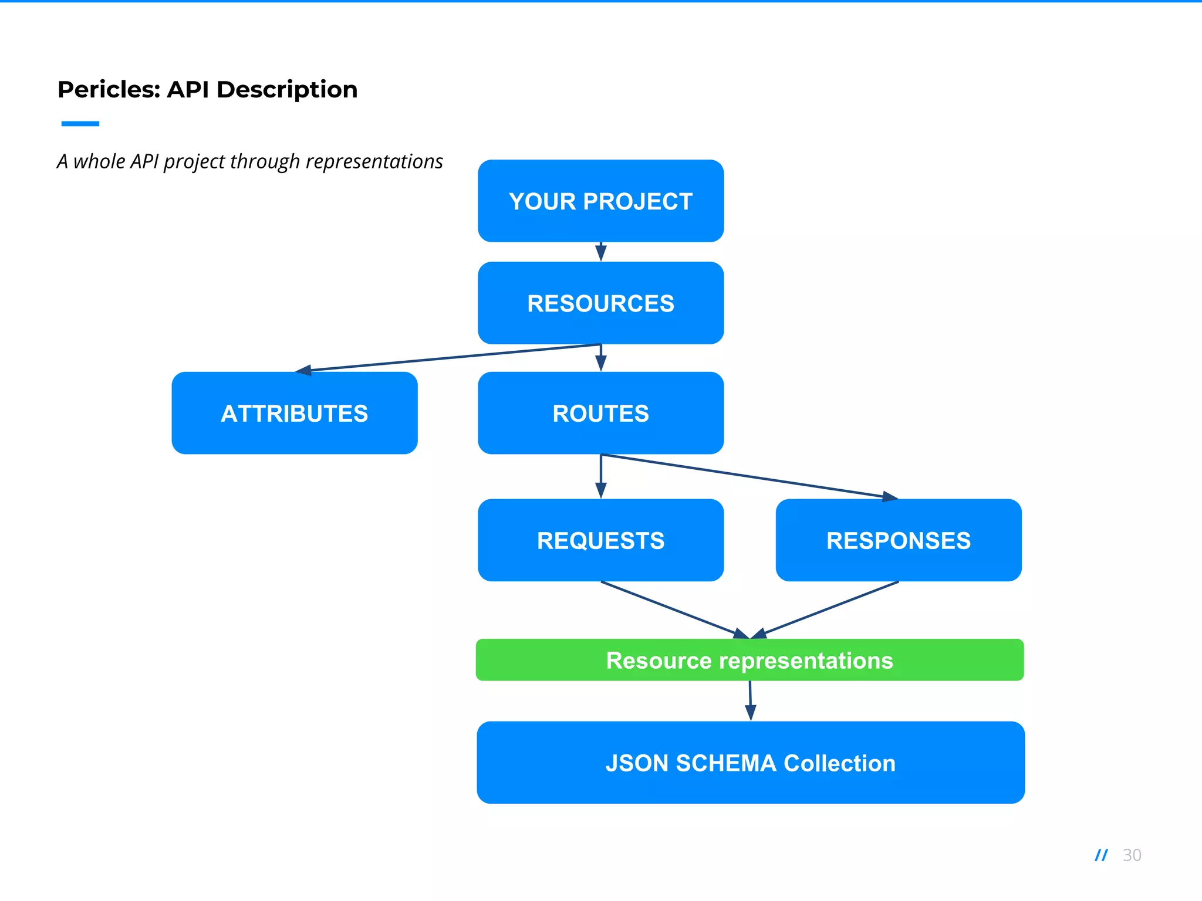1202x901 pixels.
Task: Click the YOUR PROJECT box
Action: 600,201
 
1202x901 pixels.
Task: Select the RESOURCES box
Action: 600,303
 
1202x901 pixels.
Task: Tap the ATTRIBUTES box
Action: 295,413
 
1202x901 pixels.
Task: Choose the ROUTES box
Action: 600,413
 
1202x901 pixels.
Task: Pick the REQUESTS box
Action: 600,540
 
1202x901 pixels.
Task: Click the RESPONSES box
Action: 898,540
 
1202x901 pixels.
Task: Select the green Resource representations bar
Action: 749,660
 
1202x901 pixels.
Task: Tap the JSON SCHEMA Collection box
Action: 750,763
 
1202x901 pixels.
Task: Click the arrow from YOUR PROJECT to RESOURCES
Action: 600,252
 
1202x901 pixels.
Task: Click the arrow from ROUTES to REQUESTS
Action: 600,476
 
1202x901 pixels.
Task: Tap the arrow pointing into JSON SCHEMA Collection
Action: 750,701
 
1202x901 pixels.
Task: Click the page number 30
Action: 1132,855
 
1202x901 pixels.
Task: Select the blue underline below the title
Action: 80,124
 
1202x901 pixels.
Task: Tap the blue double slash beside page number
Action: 1101,855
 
